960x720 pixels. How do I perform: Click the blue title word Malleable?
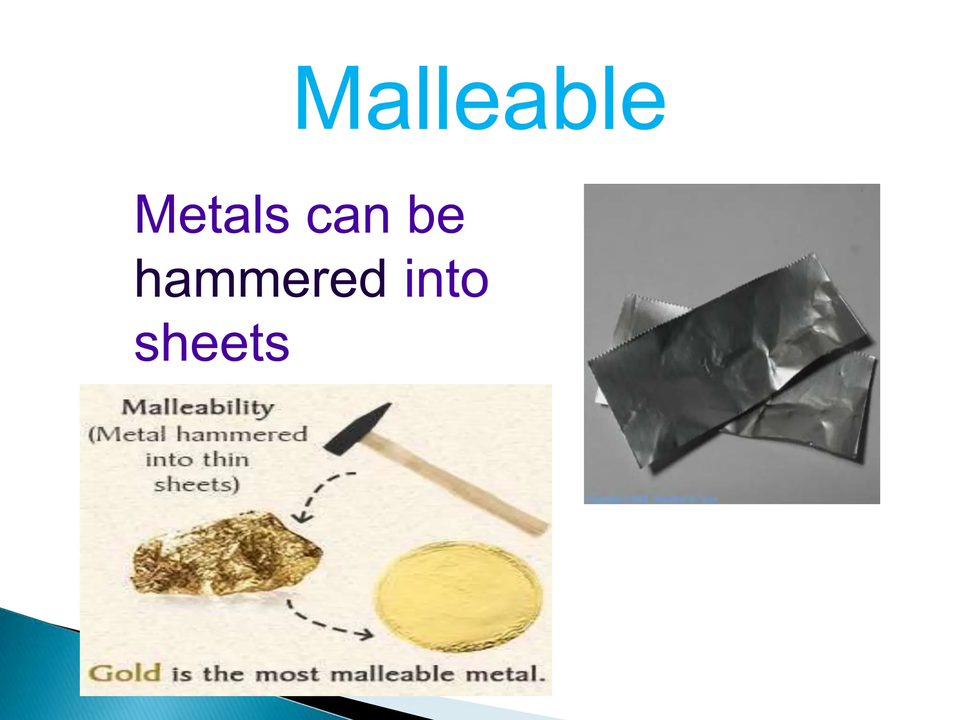(480, 99)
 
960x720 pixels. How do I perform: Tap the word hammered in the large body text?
(260, 279)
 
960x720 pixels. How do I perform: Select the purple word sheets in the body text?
(212, 344)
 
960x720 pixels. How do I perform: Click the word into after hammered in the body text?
(447, 279)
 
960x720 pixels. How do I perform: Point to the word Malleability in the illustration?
(198, 407)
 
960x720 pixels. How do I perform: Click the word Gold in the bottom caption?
(125, 673)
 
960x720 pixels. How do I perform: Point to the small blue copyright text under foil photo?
(652, 500)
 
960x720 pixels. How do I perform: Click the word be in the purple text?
(436, 215)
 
